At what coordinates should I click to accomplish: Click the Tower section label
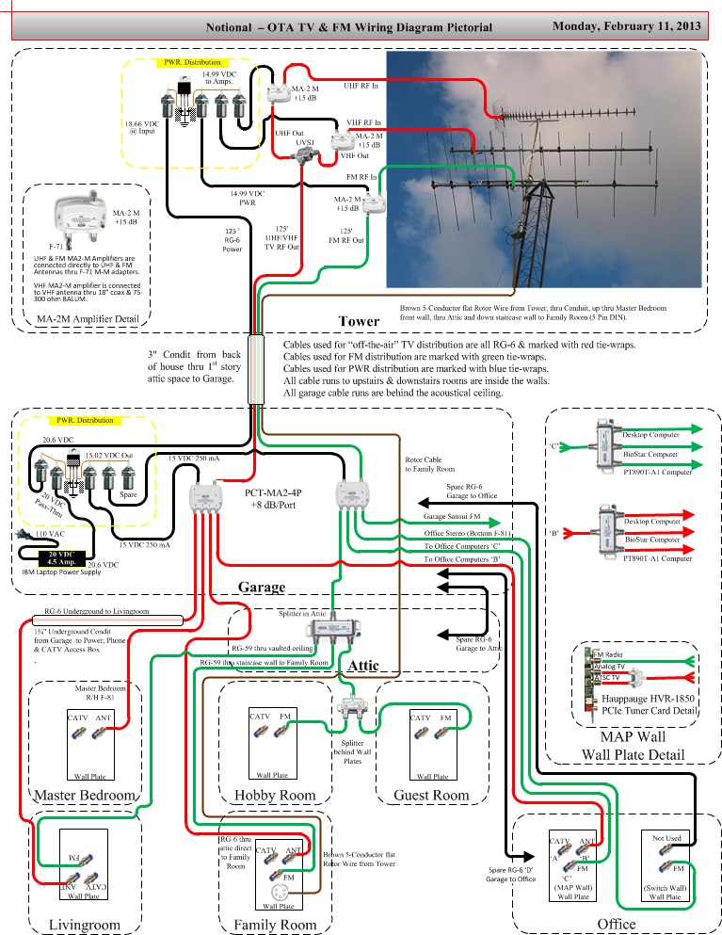point(359,320)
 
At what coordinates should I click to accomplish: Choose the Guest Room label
point(432,796)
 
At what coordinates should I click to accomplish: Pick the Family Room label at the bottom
point(274,924)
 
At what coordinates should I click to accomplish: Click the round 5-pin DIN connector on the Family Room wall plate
point(279,893)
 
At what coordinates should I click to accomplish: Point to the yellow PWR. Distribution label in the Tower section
point(187,63)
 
